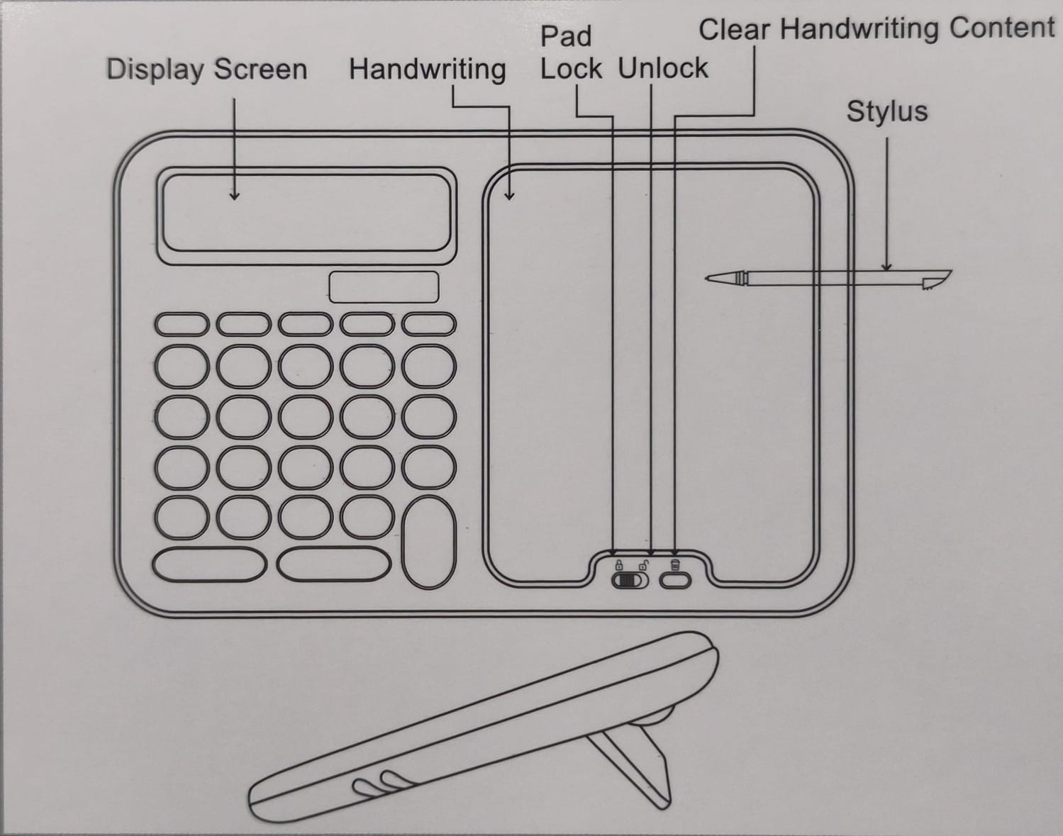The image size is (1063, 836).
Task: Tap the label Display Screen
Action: pyautogui.click(x=207, y=69)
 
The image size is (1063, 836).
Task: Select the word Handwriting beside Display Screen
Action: pyautogui.click(x=428, y=69)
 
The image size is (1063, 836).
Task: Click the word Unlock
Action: pyautogui.click(x=663, y=67)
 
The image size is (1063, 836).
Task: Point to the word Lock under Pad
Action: pyautogui.click(x=571, y=68)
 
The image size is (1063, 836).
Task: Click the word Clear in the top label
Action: pyautogui.click(x=734, y=29)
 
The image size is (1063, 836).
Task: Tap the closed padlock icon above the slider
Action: pyautogui.click(x=618, y=564)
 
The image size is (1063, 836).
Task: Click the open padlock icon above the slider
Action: pyautogui.click(x=644, y=564)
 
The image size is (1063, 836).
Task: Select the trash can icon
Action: pyautogui.click(x=675, y=564)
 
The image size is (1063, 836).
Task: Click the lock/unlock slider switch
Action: pyautogui.click(x=630, y=580)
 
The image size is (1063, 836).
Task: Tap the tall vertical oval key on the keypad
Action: pyautogui.click(x=428, y=542)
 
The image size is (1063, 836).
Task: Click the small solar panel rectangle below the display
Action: pyautogui.click(x=384, y=287)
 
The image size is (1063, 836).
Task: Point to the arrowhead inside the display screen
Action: pyautogui.click(x=235, y=196)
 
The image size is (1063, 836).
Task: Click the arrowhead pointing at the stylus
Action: pyautogui.click(x=886, y=267)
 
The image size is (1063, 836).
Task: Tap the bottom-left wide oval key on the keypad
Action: pyautogui.click(x=209, y=564)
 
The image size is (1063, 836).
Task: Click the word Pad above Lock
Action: pyautogui.click(x=566, y=36)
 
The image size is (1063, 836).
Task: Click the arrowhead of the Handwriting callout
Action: pyautogui.click(x=509, y=196)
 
